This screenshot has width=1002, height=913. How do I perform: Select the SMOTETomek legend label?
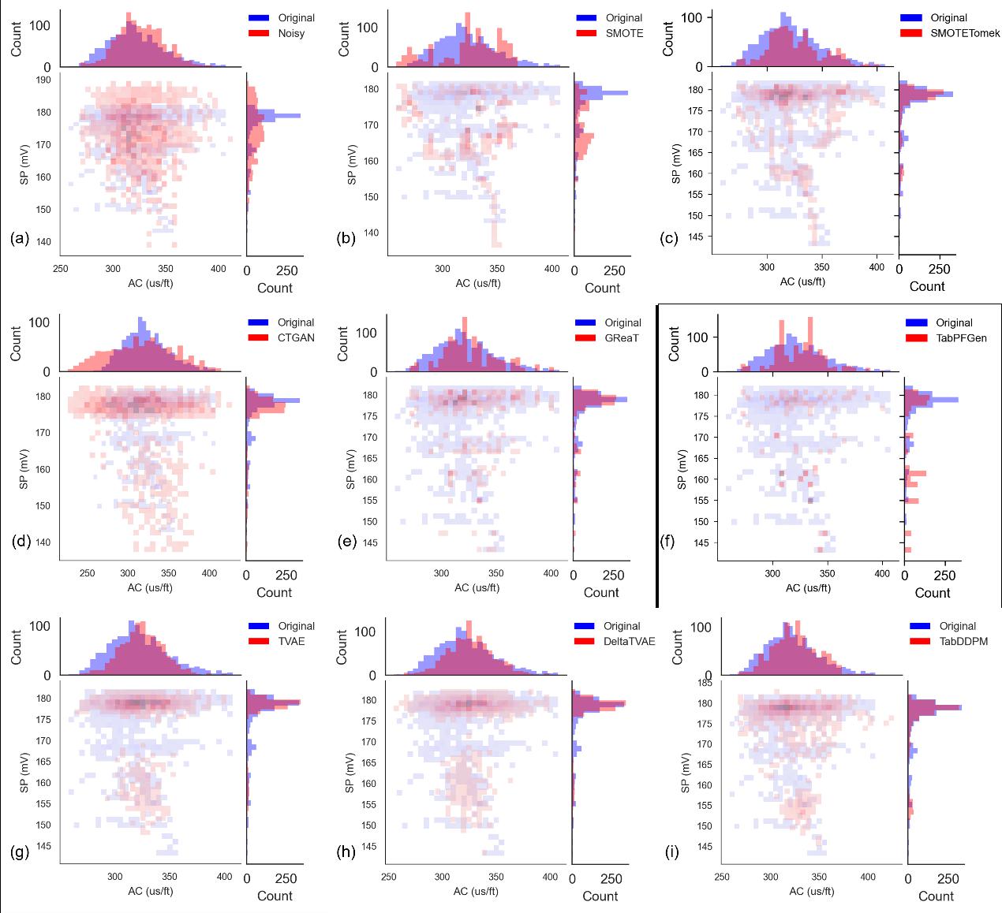coord(968,33)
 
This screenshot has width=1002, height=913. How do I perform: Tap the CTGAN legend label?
coord(293,337)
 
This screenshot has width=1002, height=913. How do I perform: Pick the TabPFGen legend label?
coord(961,337)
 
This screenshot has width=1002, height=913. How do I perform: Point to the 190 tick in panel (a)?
coord(43,80)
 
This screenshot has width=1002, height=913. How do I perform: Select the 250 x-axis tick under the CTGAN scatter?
coord(87,573)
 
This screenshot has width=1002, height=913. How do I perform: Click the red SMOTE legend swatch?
coord(586,33)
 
